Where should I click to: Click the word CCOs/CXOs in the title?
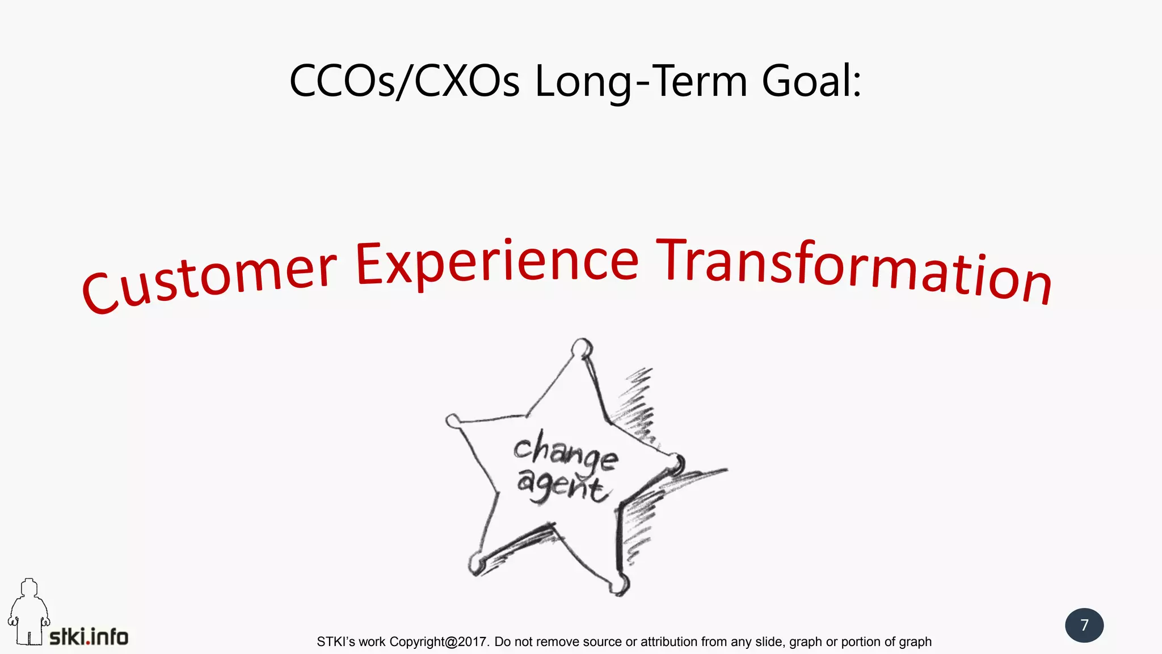404,81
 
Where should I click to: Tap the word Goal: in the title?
811,81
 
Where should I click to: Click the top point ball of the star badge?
582,347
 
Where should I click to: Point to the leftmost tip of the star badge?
453,421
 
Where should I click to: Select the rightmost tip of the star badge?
676,463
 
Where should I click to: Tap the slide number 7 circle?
1084,625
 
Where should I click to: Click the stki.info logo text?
89,637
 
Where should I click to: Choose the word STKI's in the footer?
336,642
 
